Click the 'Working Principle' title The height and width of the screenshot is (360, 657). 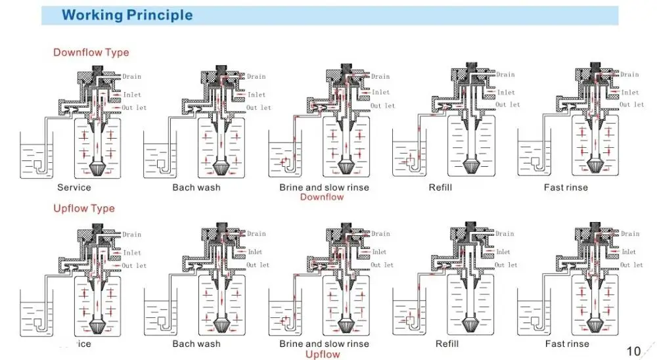click(127, 14)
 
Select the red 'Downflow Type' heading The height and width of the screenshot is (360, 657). click(91, 53)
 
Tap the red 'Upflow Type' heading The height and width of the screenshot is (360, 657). click(83, 208)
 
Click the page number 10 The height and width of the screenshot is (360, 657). click(633, 351)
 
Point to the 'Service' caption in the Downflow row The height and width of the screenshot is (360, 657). click(74, 187)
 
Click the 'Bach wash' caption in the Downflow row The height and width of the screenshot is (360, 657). click(196, 187)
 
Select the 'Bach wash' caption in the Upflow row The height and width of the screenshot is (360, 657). click(196, 344)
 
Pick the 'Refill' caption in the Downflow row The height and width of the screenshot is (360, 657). click(440, 187)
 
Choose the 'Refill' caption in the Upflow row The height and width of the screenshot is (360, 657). click(447, 344)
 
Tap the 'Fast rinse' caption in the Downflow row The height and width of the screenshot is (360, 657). click(566, 187)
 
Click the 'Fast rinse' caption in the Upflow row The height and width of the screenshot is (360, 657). click(567, 344)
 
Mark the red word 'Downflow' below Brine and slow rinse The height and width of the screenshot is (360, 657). click(322, 197)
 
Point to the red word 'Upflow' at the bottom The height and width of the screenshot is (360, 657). click(323, 354)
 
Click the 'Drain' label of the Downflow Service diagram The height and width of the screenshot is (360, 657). click(131, 77)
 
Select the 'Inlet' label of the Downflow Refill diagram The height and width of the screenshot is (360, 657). click(506, 93)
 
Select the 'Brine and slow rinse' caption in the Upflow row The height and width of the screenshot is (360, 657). click(324, 344)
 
